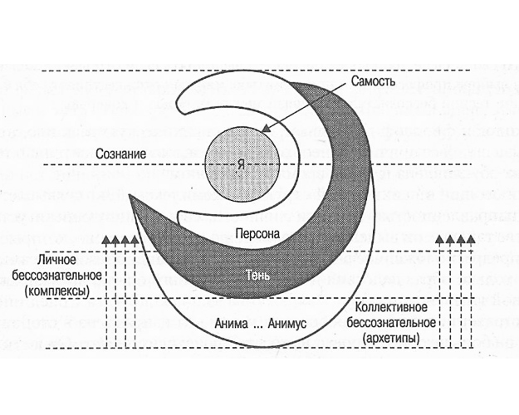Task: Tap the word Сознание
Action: pyautogui.click(x=121, y=154)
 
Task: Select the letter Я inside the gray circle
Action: pyautogui.click(x=241, y=167)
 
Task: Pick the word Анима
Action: pyautogui.click(x=230, y=320)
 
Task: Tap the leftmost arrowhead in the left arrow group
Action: pyautogui.click(x=106, y=240)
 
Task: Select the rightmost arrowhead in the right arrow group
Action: pyautogui.click(x=471, y=240)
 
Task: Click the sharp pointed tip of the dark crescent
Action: pyautogui.click(x=131, y=198)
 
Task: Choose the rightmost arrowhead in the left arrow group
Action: pyautogui.click(x=136, y=240)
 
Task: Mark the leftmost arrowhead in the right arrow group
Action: pyautogui.click(x=441, y=240)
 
